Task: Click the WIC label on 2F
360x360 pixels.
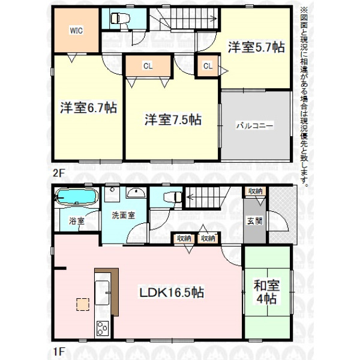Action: point(76,31)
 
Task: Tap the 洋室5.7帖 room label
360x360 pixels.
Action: point(256,47)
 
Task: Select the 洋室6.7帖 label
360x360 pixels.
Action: point(89,107)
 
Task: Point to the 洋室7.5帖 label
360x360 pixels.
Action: point(173,119)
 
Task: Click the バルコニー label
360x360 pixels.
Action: point(255,125)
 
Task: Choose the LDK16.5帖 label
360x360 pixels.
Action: point(172,293)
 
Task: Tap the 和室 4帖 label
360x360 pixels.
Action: point(266,292)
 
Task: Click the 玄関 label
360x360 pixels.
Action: point(255,221)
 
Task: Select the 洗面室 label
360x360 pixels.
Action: point(123,215)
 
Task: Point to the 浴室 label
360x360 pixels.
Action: point(77,221)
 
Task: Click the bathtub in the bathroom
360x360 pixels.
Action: point(76,196)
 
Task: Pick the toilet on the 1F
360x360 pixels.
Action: point(172,197)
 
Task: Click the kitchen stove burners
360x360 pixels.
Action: point(103,328)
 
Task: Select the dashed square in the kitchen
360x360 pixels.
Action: point(83,304)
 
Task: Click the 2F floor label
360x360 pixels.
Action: point(58,173)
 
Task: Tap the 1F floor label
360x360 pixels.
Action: point(58,352)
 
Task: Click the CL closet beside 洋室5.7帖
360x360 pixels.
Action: point(208,66)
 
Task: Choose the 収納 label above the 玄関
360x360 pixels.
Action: point(256,191)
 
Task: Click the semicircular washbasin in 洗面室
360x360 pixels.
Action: point(136,193)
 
